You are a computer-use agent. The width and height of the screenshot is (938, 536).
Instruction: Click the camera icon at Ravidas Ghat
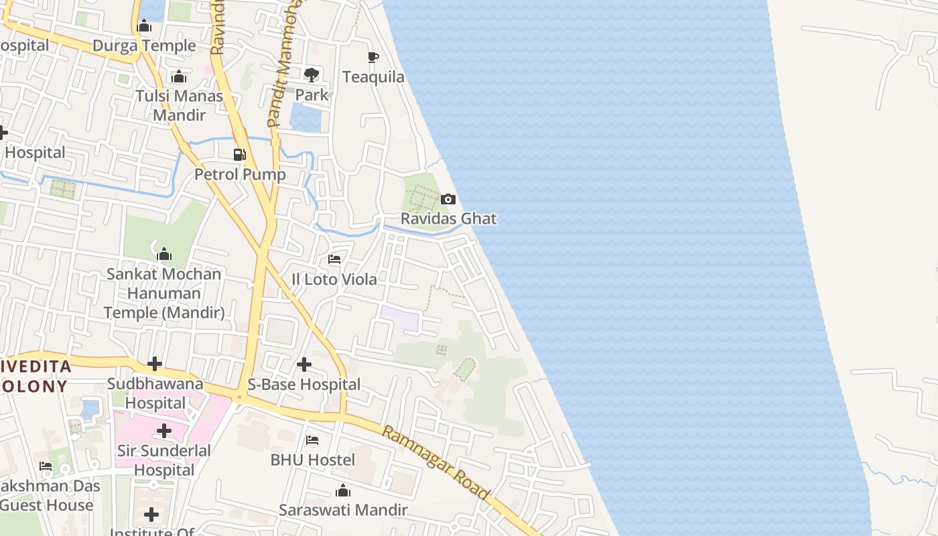[x=448, y=200]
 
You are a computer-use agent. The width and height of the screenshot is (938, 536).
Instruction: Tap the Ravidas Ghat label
[x=448, y=218]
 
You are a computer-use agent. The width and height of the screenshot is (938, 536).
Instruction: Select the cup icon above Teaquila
[x=373, y=58]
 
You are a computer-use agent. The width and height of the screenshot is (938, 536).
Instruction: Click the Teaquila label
[x=373, y=77]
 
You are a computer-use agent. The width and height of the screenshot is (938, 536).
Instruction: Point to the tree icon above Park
[x=312, y=74]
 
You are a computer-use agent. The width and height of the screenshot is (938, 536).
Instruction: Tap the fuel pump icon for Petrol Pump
[x=239, y=155]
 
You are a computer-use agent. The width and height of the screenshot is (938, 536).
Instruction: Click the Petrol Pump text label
[x=240, y=174]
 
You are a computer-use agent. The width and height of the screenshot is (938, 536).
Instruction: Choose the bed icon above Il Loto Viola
[x=334, y=259]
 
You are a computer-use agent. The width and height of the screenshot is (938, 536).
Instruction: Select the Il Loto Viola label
[x=334, y=279]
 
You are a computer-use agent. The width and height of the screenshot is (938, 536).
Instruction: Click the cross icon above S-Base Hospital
[x=304, y=364]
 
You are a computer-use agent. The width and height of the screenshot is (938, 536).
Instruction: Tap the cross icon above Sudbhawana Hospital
[x=155, y=364]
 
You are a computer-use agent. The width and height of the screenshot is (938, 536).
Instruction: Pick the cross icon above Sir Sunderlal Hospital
[x=164, y=431]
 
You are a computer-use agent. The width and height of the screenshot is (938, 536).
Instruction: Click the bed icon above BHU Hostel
[x=312, y=440]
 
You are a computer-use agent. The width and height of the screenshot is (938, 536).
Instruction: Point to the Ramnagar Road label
[x=436, y=462]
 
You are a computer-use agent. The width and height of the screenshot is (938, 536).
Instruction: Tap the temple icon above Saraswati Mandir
[x=343, y=491]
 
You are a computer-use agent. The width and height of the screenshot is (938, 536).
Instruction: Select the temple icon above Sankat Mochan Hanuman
[x=164, y=255]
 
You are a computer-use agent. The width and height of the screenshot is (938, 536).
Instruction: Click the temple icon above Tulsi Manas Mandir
[x=179, y=77]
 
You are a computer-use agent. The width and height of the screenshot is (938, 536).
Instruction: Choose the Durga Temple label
[x=144, y=46]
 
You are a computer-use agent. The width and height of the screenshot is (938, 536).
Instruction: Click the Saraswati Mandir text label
[x=343, y=510]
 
